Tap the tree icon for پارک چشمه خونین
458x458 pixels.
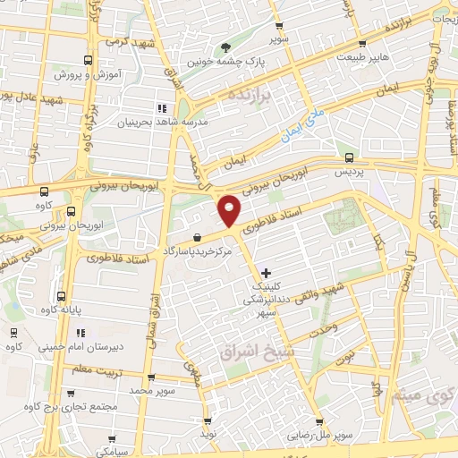pos(224,48)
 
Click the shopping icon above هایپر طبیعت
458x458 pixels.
pos(362,42)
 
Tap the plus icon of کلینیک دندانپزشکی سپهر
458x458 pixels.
pos(265,272)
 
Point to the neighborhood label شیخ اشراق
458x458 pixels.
pos(250,352)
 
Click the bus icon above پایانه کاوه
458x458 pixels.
pos(61,297)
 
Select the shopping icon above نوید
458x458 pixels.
pos(208,420)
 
